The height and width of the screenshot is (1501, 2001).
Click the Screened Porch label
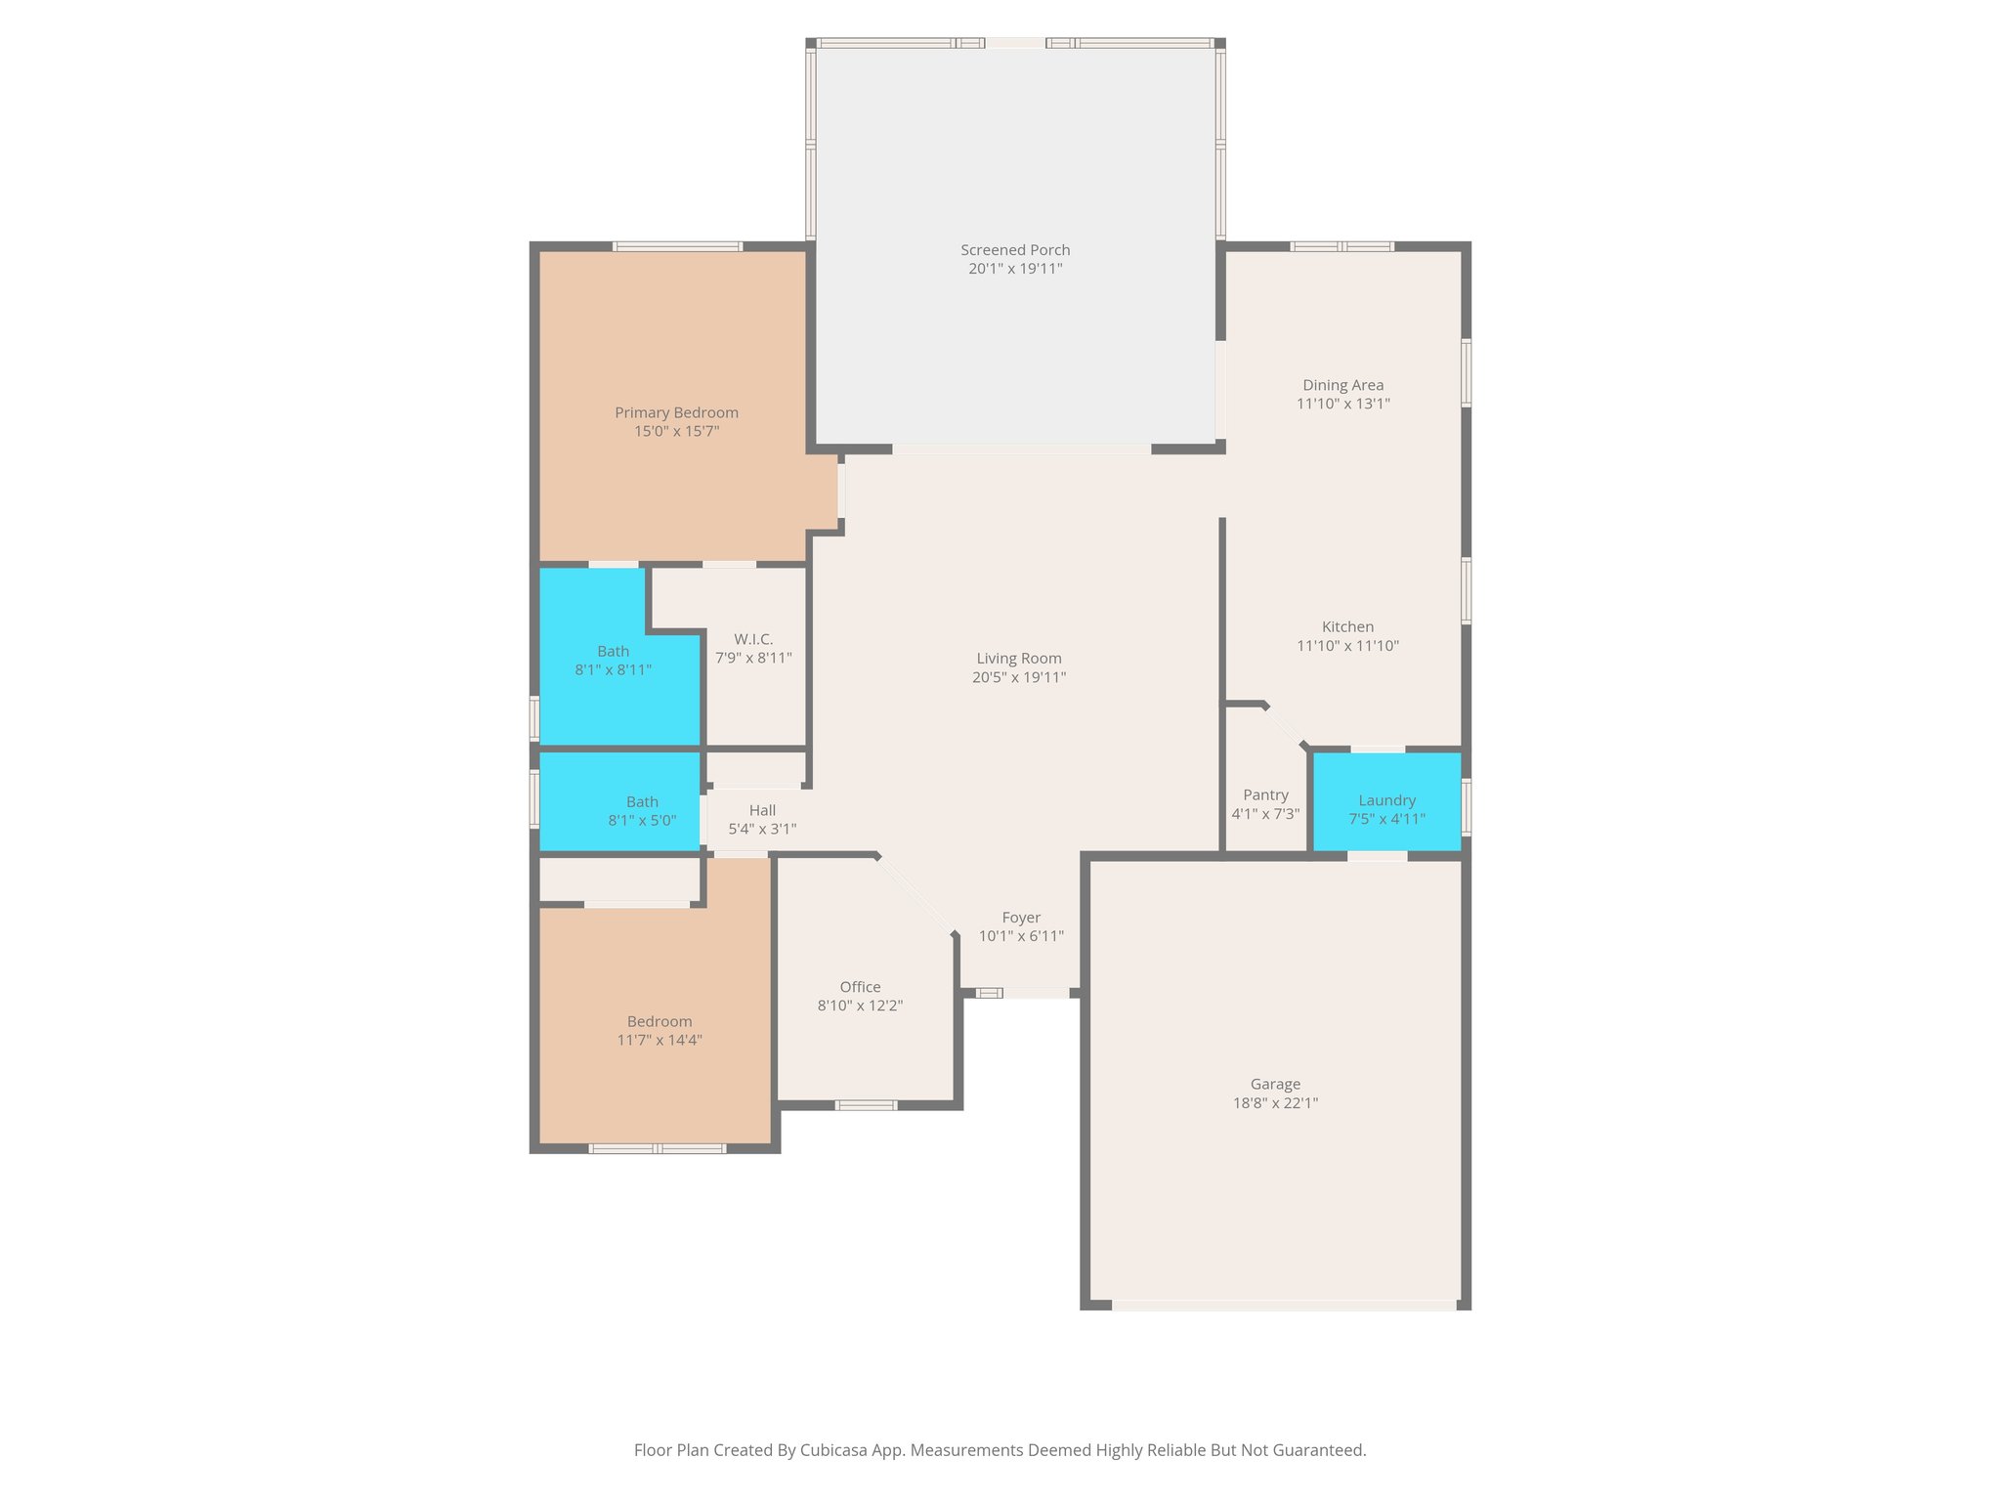1015,250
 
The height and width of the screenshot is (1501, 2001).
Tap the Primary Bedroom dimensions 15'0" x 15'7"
676,431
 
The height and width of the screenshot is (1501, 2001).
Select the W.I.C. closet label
753,639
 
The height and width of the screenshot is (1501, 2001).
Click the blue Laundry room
1386,801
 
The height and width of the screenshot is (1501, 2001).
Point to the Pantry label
1265,795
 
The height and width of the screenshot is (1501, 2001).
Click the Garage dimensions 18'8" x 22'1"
1275,1103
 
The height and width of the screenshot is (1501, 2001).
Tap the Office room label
860,987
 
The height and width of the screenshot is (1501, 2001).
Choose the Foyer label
1021,918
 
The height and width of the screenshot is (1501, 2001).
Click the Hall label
762,810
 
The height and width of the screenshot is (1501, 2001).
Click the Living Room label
1018,659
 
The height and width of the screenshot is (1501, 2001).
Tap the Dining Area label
1342,385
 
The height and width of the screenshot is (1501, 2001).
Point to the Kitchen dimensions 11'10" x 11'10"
1347,646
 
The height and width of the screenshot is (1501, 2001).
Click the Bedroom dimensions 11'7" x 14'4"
660,1041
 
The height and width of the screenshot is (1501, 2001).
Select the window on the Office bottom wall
866,1105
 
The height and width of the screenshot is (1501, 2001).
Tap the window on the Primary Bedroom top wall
677,246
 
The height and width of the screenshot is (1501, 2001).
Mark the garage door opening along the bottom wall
1284,1305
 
